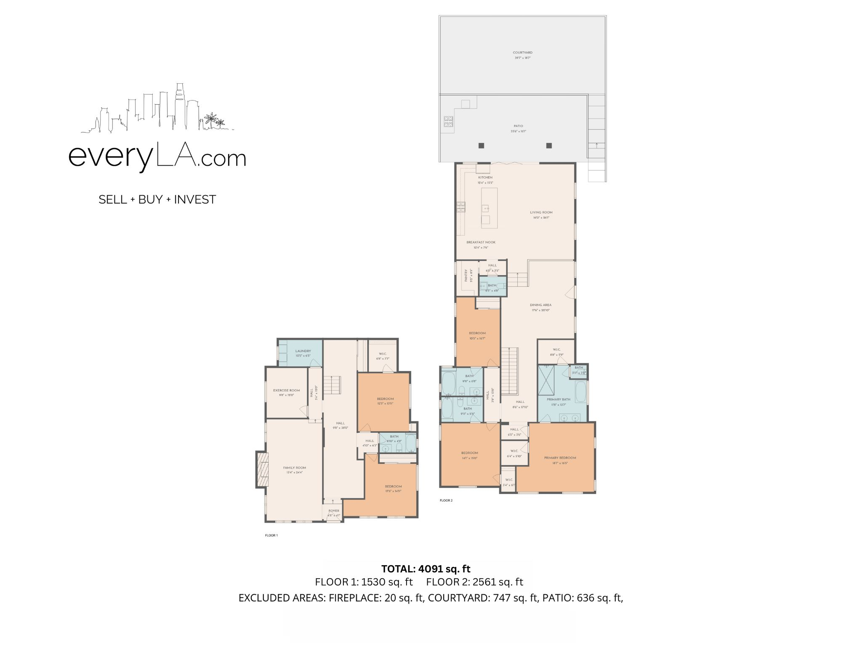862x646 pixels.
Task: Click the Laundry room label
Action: coord(303,351)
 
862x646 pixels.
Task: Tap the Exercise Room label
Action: coord(286,390)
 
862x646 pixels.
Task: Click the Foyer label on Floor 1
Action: coord(334,511)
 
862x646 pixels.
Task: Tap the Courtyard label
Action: coord(522,53)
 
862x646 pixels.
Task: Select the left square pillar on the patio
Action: coord(482,146)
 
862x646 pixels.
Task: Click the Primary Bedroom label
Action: coord(560,458)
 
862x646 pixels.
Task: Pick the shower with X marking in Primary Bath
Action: coord(547,380)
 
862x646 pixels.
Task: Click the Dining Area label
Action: coord(540,305)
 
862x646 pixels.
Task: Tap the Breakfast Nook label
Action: coord(481,242)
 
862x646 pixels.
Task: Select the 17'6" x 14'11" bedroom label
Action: coord(393,487)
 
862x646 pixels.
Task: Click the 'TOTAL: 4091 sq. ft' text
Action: coord(426,569)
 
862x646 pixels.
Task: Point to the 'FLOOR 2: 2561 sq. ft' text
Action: coord(474,582)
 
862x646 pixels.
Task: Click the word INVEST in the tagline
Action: coord(195,199)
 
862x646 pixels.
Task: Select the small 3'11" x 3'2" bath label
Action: coord(579,368)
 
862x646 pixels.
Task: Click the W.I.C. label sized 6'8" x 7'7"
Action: coord(383,354)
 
